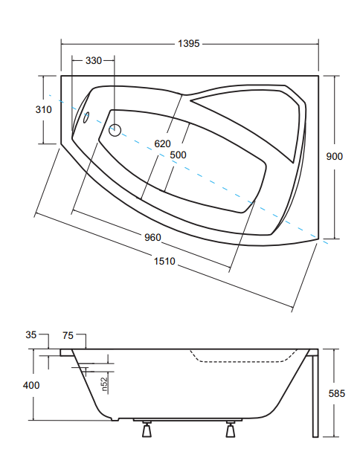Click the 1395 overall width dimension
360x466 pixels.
pos(189,44)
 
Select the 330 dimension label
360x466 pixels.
pos(94,61)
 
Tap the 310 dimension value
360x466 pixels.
pos(43,110)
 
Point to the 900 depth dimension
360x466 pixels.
pos(335,156)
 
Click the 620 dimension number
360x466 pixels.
pos(162,144)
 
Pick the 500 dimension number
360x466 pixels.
pos(178,155)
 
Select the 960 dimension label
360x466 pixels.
pos(152,237)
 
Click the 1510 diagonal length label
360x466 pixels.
pos(164,261)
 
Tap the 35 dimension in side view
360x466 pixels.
pos(31,335)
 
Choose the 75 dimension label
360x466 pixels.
pos(68,335)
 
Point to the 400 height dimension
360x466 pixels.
pos(31,386)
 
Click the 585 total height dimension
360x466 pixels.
pos(337,393)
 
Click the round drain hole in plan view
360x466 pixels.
pos(115,130)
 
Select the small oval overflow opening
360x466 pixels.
pos(86,117)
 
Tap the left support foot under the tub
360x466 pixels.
pos(147,429)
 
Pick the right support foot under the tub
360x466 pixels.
pos(231,429)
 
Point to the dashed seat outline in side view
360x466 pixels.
pos(243,361)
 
